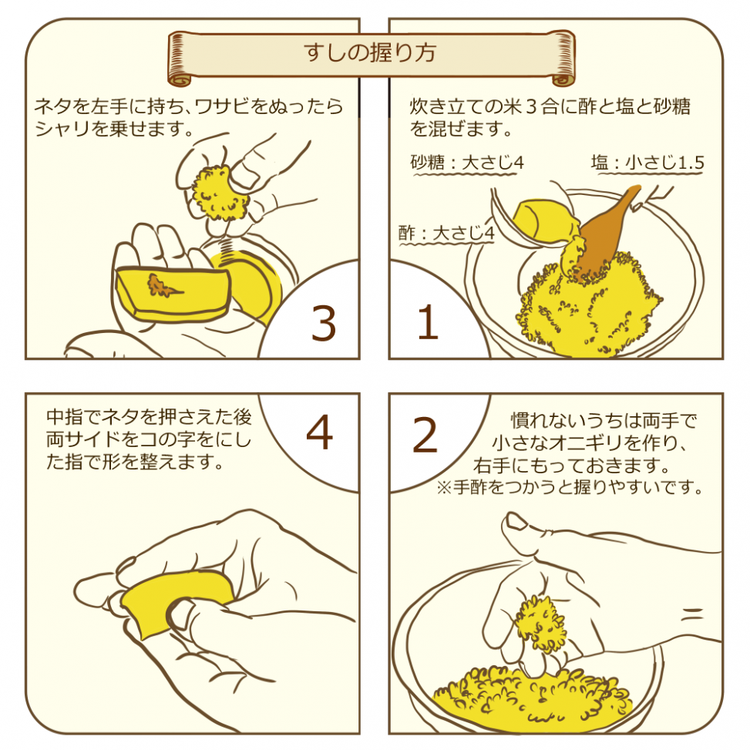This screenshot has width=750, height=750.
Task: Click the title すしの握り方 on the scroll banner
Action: pyautogui.click(x=370, y=53)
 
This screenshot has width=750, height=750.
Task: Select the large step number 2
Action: pyautogui.click(x=425, y=436)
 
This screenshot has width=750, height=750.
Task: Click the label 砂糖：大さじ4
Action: pyautogui.click(x=468, y=163)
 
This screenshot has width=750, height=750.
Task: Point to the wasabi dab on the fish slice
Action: pyautogui.click(x=164, y=286)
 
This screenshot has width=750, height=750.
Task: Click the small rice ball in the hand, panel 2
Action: pyautogui.click(x=539, y=617)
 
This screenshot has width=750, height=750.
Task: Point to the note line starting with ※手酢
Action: pyautogui.click(x=570, y=488)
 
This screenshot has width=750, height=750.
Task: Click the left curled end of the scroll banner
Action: pyautogui.click(x=178, y=58)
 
